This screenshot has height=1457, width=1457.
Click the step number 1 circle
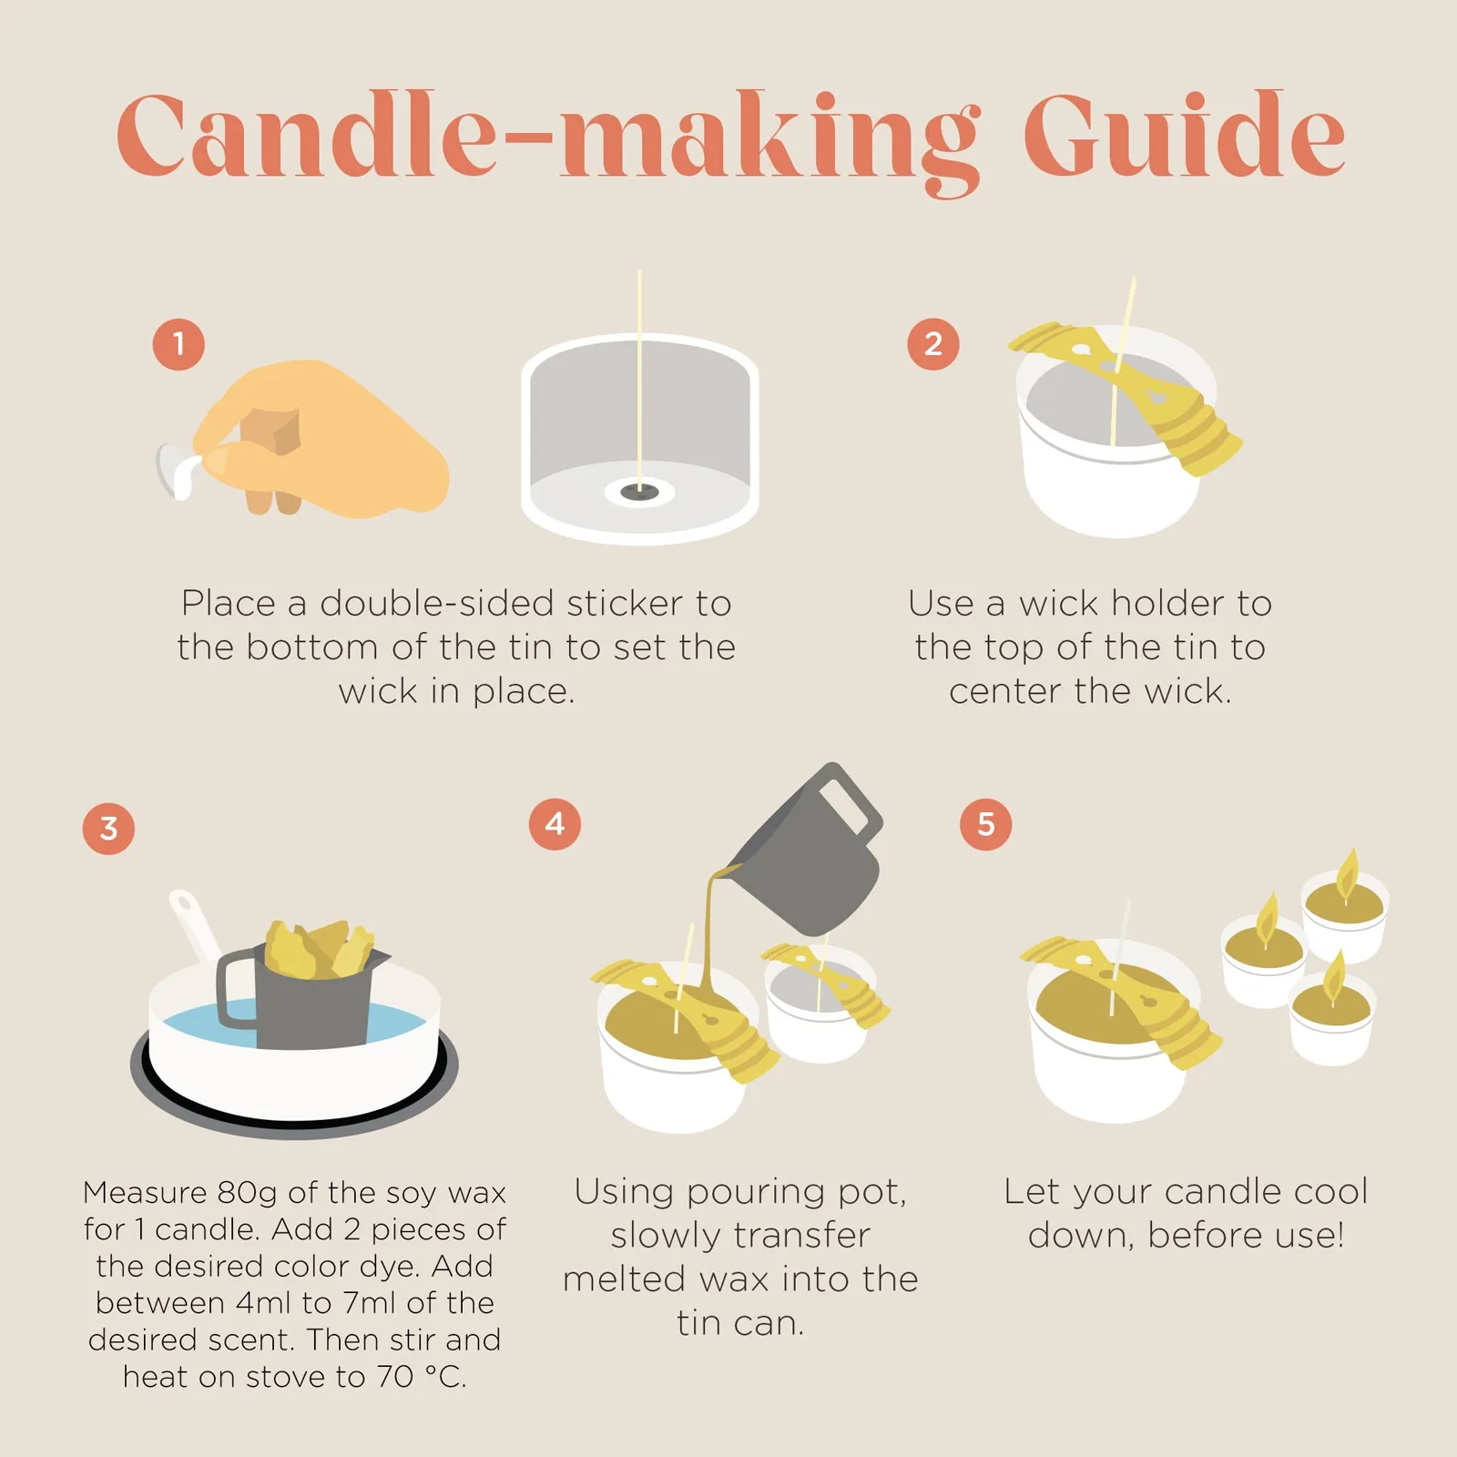(178, 344)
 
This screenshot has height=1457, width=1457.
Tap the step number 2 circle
(933, 344)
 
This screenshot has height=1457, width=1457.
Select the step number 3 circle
(108, 829)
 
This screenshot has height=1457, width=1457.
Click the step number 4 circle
(555, 824)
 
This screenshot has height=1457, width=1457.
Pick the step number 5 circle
(986, 824)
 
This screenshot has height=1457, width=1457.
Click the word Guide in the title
(1185, 136)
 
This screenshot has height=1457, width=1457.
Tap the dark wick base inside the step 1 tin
(639, 493)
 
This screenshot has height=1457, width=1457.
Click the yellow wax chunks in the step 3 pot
(319, 948)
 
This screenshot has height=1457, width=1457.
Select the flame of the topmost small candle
(1347, 871)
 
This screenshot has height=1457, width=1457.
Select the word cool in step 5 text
(1329, 1191)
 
